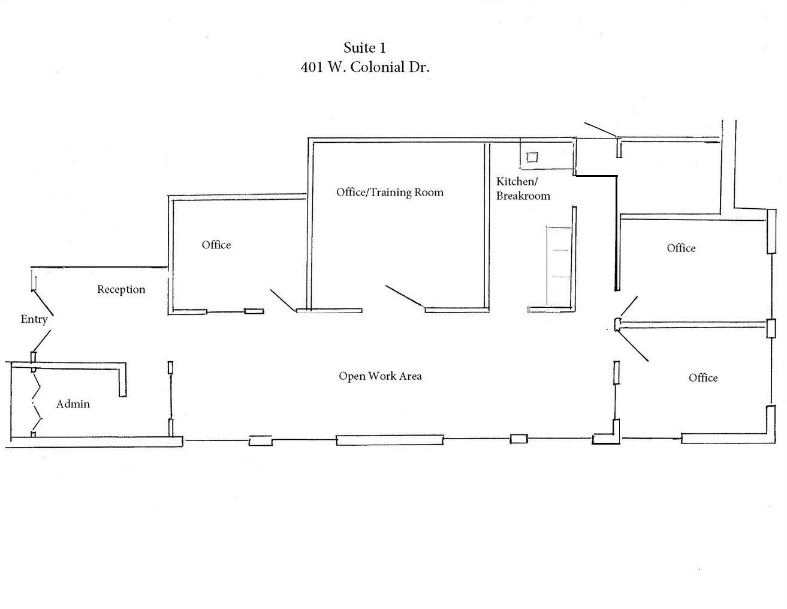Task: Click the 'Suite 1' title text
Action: [364, 48]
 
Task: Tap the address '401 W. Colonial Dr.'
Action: [364, 67]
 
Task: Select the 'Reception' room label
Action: [121, 289]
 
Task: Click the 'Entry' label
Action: [34, 319]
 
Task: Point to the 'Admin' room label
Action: [73, 404]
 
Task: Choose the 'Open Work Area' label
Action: [380, 376]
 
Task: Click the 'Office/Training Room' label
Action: [390, 192]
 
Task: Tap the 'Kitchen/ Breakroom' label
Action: [522, 188]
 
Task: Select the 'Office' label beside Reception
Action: [216, 245]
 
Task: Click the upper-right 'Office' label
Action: [681, 248]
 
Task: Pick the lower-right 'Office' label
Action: [702, 377]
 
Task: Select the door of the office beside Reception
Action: [282, 300]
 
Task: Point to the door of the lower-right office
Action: [633, 346]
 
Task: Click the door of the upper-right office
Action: [628, 307]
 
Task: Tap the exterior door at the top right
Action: [600, 130]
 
